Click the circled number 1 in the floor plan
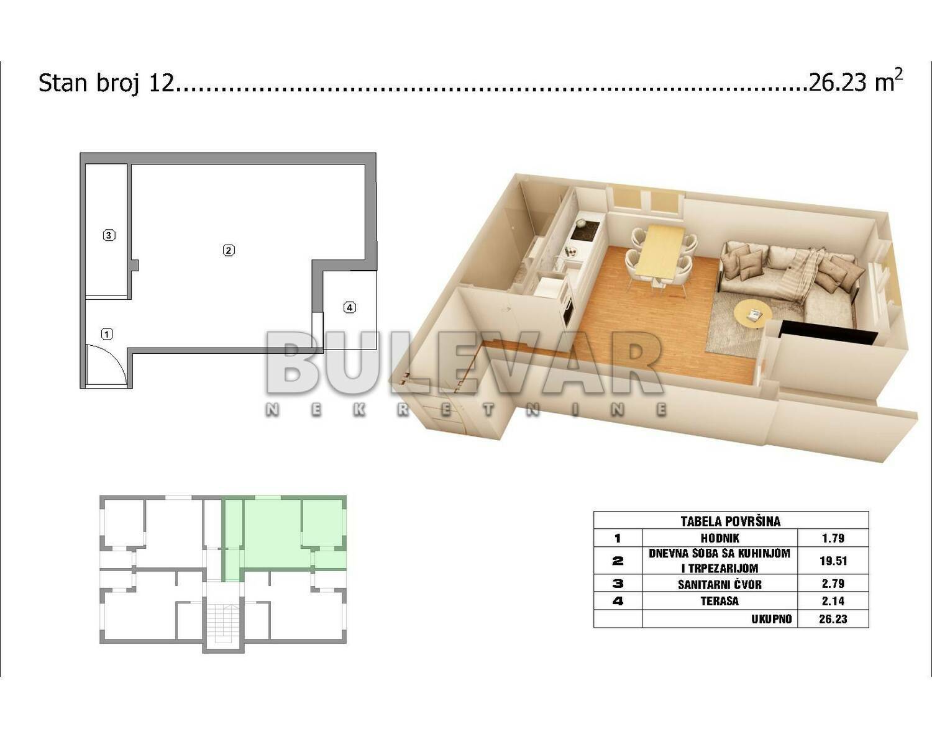click(x=107, y=334)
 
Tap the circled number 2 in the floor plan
click(x=229, y=250)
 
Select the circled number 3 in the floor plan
click(x=109, y=235)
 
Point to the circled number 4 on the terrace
click(x=349, y=307)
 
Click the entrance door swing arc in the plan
click(x=115, y=356)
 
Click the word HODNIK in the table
click(x=720, y=538)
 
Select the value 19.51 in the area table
click(x=833, y=561)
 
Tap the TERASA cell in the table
click(x=720, y=601)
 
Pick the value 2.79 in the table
click(x=833, y=584)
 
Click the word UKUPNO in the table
click(x=771, y=619)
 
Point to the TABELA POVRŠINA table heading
click(x=731, y=521)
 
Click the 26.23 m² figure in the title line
click(x=856, y=82)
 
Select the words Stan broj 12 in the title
click(x=106, y=83)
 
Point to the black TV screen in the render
click(x=828, y=334)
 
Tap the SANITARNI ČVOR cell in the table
click(x=720, y=584)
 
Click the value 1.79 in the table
click(x=833, y=538)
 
